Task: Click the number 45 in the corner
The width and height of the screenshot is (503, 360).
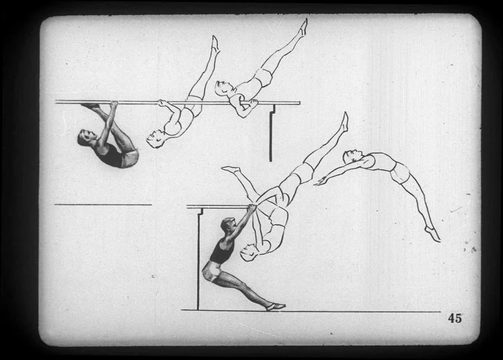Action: (x=455, y=318)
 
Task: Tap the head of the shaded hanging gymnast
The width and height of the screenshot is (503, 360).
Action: (x=86, y=138)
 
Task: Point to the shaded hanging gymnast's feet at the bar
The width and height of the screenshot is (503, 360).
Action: (x=91, y=106)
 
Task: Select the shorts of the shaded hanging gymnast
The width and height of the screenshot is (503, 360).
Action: (x=129, y=158)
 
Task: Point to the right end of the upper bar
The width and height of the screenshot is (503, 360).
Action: (x=300, y=103)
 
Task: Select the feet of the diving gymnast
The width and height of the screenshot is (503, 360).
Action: (x=433, y=234)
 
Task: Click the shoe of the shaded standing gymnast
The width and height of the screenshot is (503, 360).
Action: (x=276, y=307)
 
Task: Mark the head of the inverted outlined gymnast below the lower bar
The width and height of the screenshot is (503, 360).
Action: (x=249, y=252)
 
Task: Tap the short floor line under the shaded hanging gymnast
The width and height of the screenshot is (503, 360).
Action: (x=103, y=205)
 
